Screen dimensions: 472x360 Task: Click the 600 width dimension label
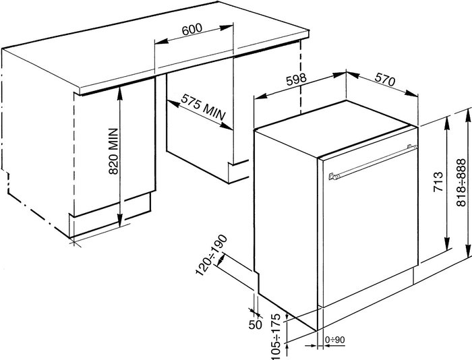[192, 29]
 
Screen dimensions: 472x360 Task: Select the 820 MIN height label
[113, 151]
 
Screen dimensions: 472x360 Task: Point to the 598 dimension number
[296, 79]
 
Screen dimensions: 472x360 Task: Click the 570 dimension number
[384, 80]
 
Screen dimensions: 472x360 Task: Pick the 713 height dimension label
[438, 182]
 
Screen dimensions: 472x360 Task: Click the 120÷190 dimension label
[212, 255]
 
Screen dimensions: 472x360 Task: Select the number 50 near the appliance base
[256, 324]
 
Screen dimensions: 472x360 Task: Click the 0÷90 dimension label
[334, 340]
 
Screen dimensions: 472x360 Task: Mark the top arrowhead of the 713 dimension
[446, 123]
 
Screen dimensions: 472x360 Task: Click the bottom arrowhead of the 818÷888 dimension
[468, 250]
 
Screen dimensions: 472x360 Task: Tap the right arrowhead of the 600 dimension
[227, 28]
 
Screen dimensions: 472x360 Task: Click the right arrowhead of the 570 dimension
[411, 93]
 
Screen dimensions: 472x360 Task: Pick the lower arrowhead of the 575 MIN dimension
[227, 127]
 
